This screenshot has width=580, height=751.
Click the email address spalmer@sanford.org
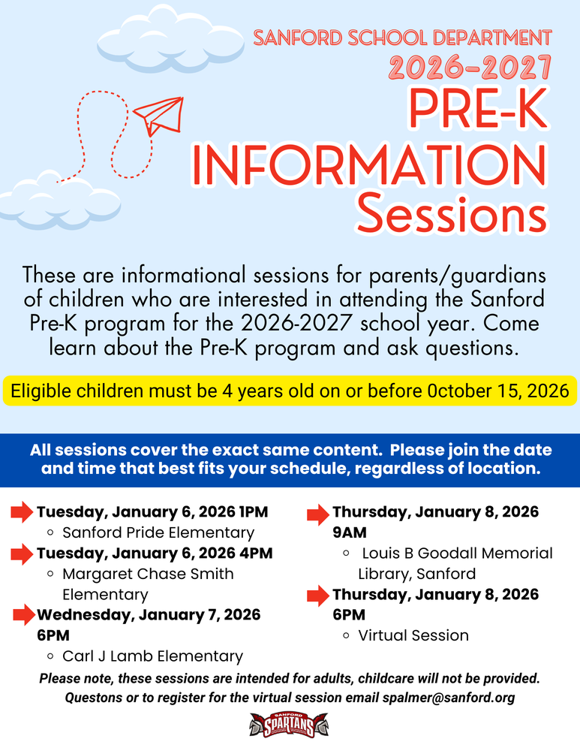(449, 698)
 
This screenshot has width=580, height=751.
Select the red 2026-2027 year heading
(470, 69)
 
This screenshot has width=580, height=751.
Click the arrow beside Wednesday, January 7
(24, 615)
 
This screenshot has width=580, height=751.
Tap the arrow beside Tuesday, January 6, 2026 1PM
(22, 514)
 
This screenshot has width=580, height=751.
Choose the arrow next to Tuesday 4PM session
(22, 554)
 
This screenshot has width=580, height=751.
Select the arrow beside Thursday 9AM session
(318, 514)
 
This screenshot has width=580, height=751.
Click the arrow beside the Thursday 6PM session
(318, 596)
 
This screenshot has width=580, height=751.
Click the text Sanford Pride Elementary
(158, 533)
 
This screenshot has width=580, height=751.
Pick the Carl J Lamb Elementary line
(152, 656)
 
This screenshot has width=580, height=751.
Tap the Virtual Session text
(413, 635)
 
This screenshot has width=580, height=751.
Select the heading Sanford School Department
(403, 37)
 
